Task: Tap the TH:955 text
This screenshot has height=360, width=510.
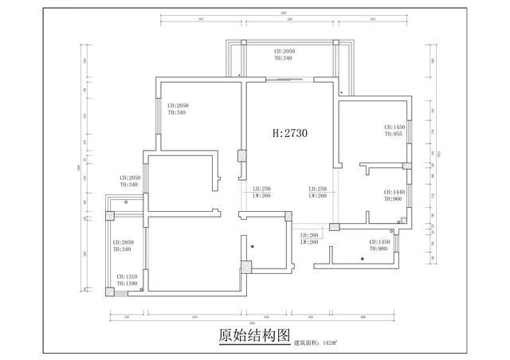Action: point(395,134)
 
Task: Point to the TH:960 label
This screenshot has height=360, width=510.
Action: point(394,199)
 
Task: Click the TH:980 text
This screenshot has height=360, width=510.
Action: point(379,248)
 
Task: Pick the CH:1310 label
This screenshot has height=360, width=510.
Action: point(127,276)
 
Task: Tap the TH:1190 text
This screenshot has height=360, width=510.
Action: point(127,283)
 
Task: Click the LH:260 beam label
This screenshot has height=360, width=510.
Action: point(309,235)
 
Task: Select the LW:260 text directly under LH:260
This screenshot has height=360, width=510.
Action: point(309,242)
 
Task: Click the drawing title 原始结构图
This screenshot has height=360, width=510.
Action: point(254,336)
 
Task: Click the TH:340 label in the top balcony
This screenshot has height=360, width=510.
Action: point(283,57)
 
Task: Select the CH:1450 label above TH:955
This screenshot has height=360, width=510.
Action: point(395,127)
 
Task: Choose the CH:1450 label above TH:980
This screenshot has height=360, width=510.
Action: point(379,241)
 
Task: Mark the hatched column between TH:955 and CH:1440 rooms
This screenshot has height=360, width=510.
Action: point(406,166)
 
